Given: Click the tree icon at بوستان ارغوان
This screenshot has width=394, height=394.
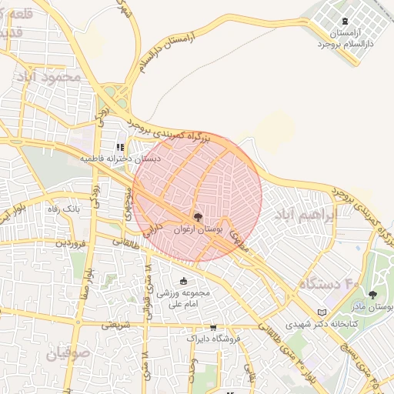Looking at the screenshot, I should click(x=198, y=217).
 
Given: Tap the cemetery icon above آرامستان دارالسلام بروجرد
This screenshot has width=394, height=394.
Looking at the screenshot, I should click(x=344, y=22).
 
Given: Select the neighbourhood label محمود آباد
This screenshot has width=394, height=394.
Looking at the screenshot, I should click(x=52, y=78).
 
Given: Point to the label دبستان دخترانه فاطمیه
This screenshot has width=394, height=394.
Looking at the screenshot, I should click(x=119, y=159).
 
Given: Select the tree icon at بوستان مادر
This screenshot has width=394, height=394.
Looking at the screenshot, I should click(x=372, y=295).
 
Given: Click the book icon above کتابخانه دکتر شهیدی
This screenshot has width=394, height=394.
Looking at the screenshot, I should click(x=321, y=312).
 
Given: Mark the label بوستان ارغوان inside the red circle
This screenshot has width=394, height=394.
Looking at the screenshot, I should click(x=199, y=229).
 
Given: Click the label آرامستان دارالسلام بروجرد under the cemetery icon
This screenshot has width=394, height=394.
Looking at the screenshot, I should click(x=344, y=39).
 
